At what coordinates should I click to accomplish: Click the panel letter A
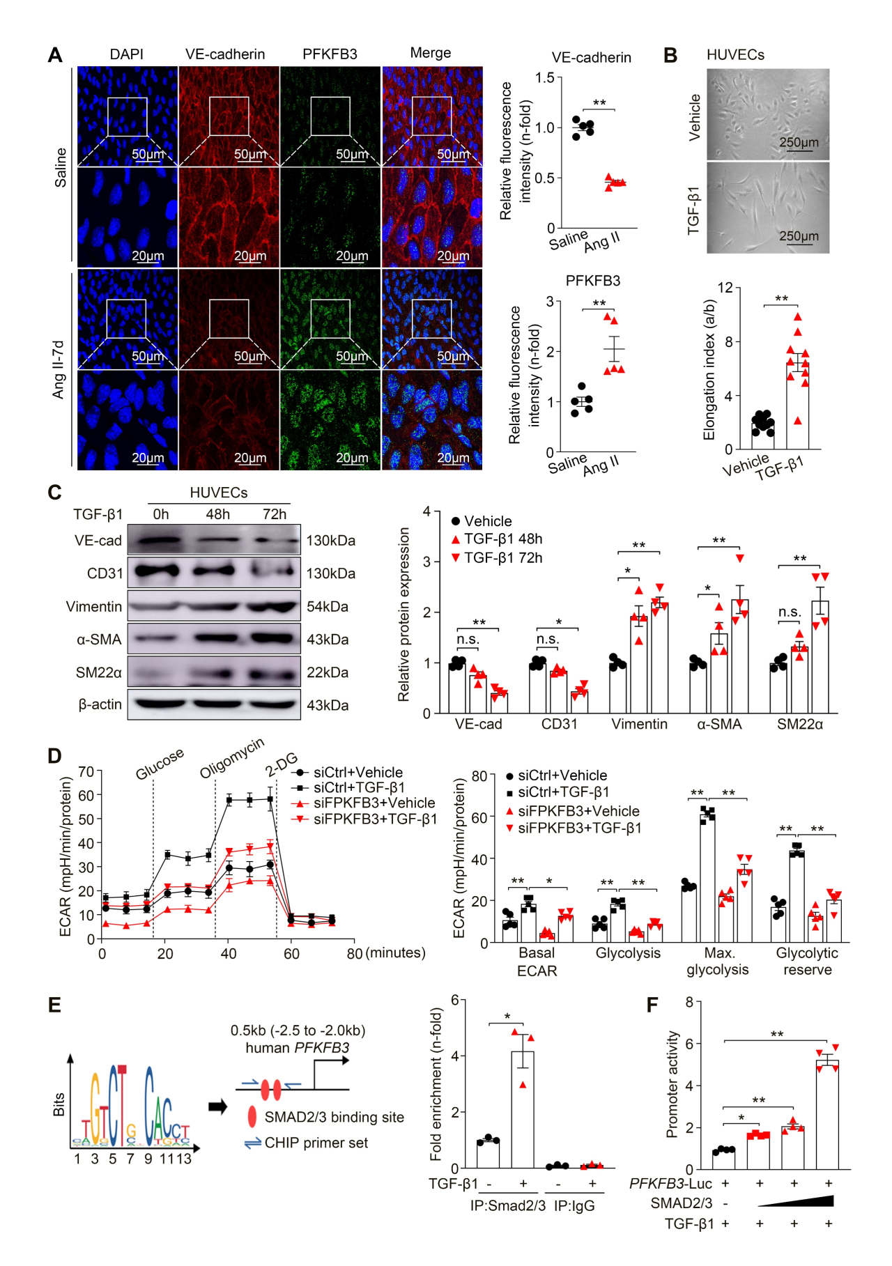(55, 55)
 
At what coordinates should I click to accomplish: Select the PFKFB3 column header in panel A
(330, 54)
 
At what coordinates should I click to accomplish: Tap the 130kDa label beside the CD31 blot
(331, 573)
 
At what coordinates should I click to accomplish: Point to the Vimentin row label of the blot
(94, 606)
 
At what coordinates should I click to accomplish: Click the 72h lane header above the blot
(274, 514)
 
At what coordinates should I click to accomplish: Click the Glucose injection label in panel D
(160, 764)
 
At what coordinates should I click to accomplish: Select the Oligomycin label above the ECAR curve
(231, 758)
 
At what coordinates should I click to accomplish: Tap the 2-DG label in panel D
(282, 764)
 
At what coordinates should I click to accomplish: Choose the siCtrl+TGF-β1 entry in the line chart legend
(358, 787)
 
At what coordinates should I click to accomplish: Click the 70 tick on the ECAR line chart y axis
(86, 771)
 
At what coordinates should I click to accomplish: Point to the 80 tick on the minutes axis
(355, 953)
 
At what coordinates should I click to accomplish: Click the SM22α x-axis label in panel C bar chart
(800, 725)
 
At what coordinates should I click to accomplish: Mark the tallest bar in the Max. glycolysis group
(707, 878)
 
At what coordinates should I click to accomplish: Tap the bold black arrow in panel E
(218, 1106)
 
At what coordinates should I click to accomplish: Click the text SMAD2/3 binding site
(334, 1117)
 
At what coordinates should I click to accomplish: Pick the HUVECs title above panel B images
(735, 55)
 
